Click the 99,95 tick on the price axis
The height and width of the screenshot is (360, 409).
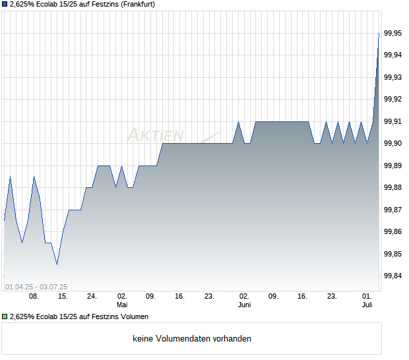[393, 33]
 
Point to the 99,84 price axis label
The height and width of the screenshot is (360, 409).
[393, 276]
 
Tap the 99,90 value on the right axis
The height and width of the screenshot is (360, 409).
[393, 143]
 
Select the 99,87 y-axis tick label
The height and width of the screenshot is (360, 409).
[393, 210]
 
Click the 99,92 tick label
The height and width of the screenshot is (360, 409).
[393, 99]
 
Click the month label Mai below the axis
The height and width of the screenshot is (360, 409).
[122, 305]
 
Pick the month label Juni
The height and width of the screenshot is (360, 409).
[244, 305]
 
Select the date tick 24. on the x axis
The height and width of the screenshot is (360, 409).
[92, 297]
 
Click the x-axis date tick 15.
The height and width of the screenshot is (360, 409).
[63, 297]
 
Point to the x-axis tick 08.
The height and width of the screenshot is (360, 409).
[34, 297]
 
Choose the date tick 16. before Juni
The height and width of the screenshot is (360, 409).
[179, 297]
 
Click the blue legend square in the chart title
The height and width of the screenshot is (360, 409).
[5, 5]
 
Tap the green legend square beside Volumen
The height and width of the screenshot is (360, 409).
[5, 316]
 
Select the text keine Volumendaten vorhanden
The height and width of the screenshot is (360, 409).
[192, 339]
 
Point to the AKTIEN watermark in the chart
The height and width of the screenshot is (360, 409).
[156, 135]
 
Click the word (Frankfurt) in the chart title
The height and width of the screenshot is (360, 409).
[135, 5]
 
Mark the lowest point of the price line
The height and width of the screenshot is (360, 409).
[57, 264]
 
